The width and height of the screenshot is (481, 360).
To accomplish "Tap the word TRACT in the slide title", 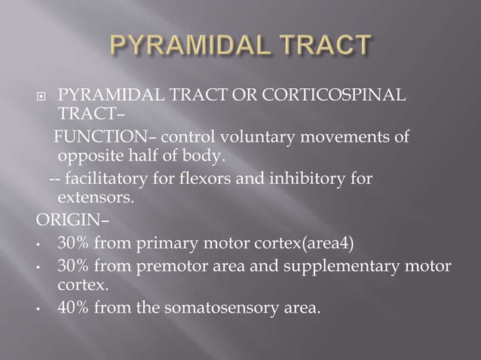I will (x=323, y=47).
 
